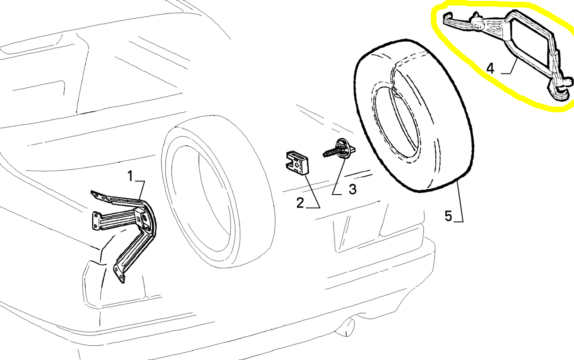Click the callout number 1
click(x=130, y=176)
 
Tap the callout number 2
click(x=300, y=203)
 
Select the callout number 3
click(x=353, y=189)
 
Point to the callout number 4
click(x=490, y=68)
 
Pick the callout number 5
click(x=448, y=216)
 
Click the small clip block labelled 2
click(x=297, y=163)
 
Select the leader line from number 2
click(x=313, y=192)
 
